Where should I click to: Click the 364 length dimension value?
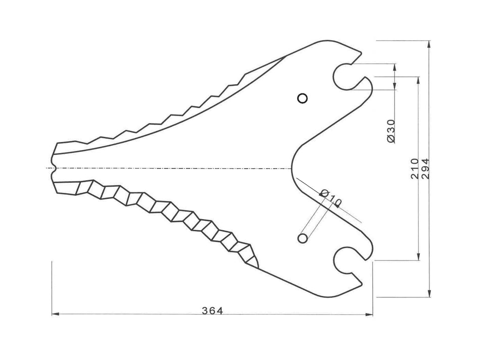coord(212,310)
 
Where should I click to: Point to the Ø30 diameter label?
coord(390,131)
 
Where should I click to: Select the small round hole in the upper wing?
coord(302,98)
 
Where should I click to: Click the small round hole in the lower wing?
coord(302,237)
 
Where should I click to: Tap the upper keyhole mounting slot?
coord(344,76)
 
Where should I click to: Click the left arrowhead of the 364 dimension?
coord(56,315)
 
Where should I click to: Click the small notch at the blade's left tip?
coord(54,168)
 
